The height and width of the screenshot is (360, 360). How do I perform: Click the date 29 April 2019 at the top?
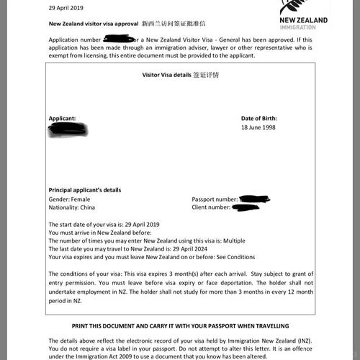pos(66,8)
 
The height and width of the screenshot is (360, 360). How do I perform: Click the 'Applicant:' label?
pos(62,118)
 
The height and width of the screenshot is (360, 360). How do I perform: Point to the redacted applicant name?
pos(68,130)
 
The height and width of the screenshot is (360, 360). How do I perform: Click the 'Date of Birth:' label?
pos(258,118)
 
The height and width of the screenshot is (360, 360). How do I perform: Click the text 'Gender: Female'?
pos(70,199)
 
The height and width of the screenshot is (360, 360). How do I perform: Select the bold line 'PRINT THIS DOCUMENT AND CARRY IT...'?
pos(180,325)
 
